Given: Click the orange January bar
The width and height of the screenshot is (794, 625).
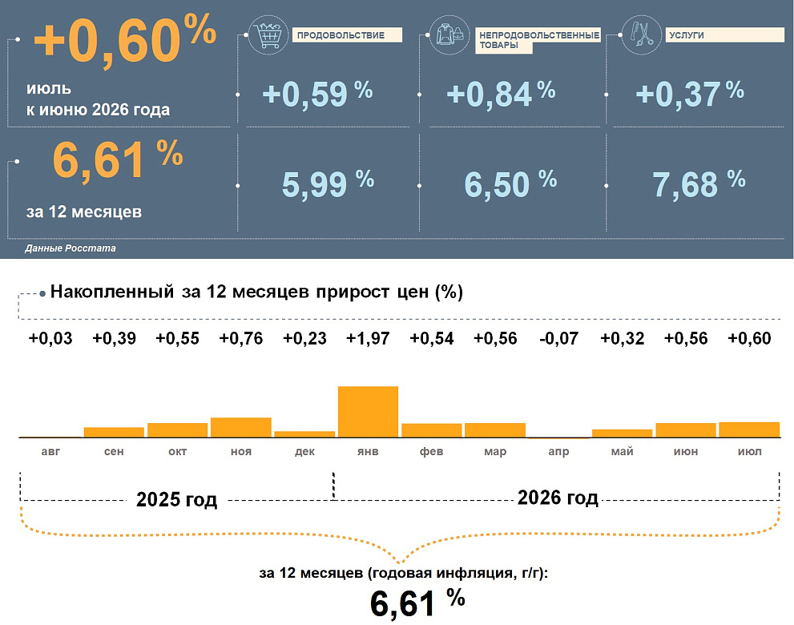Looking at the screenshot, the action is tap(368, 411).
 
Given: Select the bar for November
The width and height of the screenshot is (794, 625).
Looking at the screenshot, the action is tap(241, 427).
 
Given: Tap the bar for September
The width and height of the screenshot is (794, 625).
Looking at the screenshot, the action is tap(114, 432).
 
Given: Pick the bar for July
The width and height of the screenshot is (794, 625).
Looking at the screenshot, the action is tap(749, 429).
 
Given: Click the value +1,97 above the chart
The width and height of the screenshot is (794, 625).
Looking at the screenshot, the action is tap(368, 338).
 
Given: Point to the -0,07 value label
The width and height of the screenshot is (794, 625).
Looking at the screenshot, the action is tap(558, 338).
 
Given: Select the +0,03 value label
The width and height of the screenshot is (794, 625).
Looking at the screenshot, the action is tap(50, 338).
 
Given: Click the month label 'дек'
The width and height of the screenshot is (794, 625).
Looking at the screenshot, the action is tap(304, 451).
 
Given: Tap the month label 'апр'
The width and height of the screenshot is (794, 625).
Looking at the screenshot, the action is tap(558, 451).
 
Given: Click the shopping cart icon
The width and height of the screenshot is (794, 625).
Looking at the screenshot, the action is tap(268, 34).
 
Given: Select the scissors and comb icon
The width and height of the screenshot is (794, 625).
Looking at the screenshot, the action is tap(641, 34).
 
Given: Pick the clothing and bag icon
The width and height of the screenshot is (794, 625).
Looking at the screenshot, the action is tap(449, 34).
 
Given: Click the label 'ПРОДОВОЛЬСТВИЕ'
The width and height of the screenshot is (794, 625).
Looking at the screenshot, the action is tap(341, 35).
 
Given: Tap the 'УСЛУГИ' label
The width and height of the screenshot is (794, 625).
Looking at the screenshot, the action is tap(687, 35).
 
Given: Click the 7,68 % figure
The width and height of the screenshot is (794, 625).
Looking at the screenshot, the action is tap(699, 183).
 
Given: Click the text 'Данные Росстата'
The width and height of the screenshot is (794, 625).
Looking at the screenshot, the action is tap(71, 248).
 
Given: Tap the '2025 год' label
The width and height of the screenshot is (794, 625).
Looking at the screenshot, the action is tap(177, 499).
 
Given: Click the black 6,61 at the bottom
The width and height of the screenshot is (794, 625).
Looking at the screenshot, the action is tap(402, 603).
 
